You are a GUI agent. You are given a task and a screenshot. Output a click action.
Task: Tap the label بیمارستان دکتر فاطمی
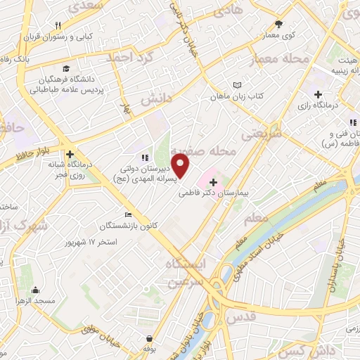pyautogui.click(x=239, y=191)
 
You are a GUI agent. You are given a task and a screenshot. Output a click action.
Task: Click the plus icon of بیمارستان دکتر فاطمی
pyautogui.click(x=214, y=181)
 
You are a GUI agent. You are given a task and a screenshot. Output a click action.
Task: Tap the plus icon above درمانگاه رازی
pyautogui.click(x=318, y=94)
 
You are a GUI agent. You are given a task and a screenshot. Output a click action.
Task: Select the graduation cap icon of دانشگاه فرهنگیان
pyautogui.click(x=65, y=68)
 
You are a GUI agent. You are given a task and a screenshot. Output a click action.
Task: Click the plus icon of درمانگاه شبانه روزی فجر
pyautogui.click(x=70, y=155)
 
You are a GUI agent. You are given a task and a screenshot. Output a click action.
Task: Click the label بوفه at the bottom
pyautogui.click(x=148, y=349)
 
